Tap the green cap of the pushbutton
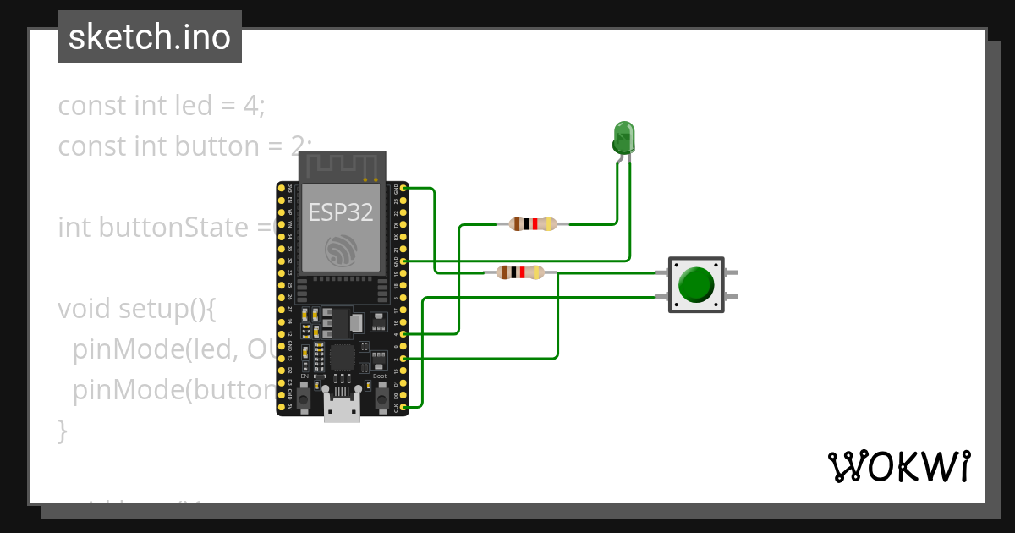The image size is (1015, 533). [696, 284]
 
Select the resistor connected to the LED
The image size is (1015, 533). [533, 224]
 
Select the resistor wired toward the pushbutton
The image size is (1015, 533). [519, 272]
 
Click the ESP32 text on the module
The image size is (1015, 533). [340, 212]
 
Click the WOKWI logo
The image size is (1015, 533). [898, 466]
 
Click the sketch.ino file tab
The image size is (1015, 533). [150, 37]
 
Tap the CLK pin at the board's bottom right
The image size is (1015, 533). [403, 408]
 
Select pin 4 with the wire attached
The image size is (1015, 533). [403, 335]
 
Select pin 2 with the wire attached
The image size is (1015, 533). [403, 359]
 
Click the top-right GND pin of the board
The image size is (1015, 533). [403, 188]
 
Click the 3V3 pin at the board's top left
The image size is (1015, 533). [283, 188]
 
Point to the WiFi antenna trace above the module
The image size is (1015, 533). [342, 167]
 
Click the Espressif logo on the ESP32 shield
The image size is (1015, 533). [342, 250]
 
